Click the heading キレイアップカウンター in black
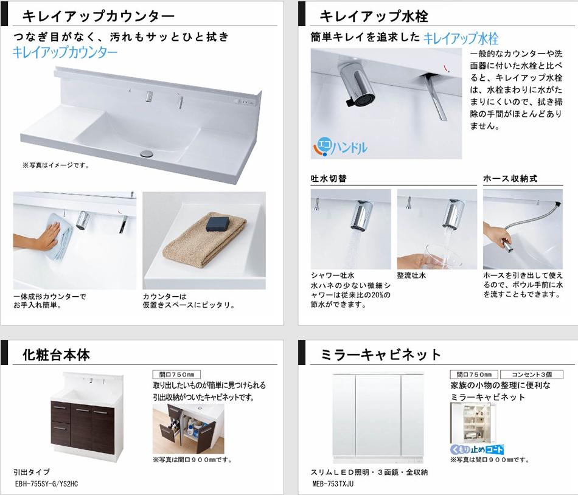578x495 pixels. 99,16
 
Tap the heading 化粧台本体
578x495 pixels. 57,355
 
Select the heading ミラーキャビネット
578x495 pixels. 380,355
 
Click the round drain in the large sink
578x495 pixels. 147,153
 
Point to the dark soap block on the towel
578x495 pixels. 217,224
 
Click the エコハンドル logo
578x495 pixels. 340,147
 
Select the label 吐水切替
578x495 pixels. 329,179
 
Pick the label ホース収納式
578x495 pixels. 510,179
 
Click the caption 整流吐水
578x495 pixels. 411,275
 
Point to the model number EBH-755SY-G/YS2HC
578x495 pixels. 46,483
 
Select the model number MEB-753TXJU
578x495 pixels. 332,483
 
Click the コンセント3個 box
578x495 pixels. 532,375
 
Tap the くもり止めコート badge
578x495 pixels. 476,449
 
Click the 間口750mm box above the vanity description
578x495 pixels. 176,375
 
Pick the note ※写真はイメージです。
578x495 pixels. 55,165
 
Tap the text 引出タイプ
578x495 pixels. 31,472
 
